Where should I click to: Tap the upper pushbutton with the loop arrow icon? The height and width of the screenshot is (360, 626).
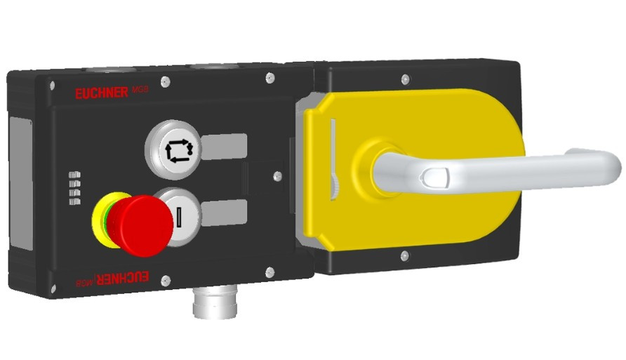[x=173, y=149]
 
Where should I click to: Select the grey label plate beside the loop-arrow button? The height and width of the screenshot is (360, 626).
[x=224, y=145]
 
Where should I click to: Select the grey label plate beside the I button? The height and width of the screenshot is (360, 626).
[x=224, y=210]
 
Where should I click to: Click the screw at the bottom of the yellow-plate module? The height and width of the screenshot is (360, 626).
[x=404, y=256]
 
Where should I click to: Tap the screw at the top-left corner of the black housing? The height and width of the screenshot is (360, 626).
[x=51, y=85]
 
